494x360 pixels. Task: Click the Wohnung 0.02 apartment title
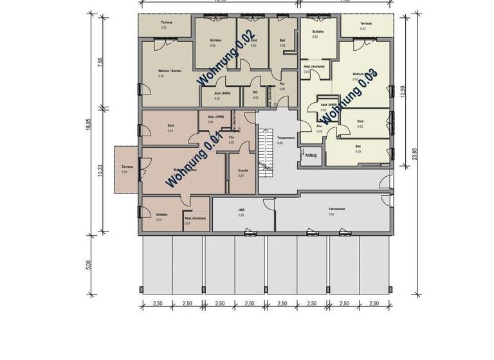point(226,58)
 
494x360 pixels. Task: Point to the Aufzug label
point(311,155)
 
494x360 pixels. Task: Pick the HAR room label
point(241,211)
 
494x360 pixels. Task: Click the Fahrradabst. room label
point(331,211)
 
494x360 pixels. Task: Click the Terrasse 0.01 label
point(126,169)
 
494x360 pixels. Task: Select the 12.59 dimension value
point(403,92)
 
